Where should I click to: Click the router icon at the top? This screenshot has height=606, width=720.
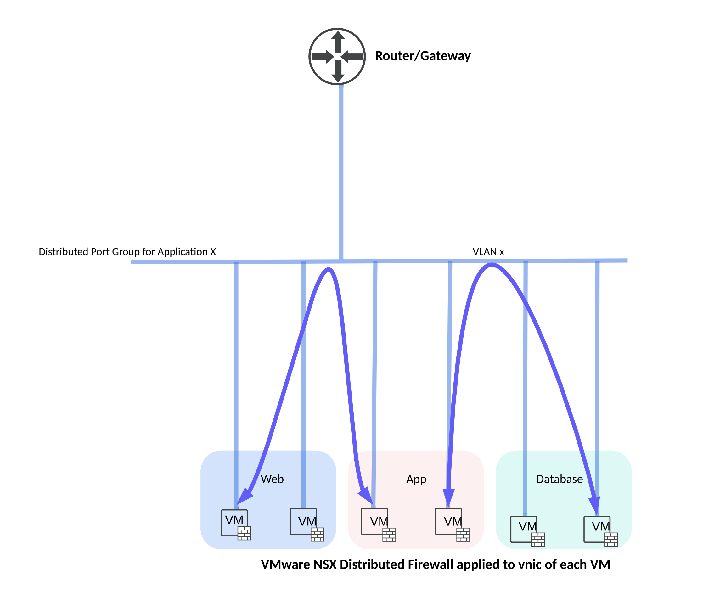tap(337, 56)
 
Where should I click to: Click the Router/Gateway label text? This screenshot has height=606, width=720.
tap(422, 56)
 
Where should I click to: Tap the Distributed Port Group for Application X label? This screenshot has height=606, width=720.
tap(127, 251)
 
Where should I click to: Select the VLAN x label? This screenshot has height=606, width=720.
tap(488, 252)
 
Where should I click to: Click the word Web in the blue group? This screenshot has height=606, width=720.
tap(272, 479)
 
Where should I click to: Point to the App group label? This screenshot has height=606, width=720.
tap(416, 479)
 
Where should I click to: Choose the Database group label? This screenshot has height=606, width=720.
tap(559, 479)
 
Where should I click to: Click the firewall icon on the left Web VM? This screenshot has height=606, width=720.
tap(244, 533)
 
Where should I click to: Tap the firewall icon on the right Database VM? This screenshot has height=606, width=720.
tap(611, 539)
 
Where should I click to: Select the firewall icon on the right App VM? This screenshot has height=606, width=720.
tap(463, 535)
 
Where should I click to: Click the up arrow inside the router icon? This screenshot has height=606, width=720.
tap(338, 41)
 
